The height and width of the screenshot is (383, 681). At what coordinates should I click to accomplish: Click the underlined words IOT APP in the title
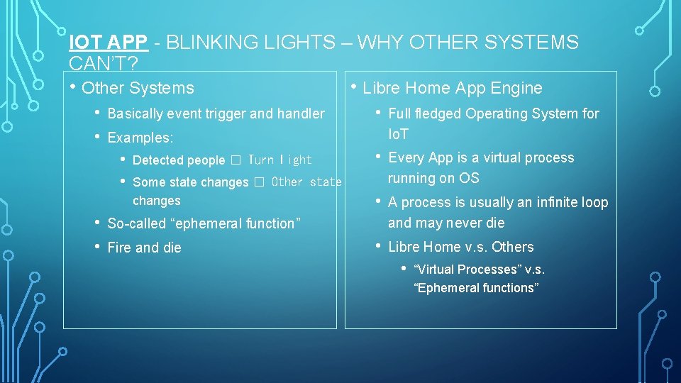[108, 43]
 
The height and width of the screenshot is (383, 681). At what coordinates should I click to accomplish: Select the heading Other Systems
[138, 89]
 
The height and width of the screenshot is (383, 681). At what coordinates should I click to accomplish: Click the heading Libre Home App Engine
[452, 89]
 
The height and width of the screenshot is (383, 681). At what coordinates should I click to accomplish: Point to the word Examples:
[140, 138]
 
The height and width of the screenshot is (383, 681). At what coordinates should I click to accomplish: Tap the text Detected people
[178, 160]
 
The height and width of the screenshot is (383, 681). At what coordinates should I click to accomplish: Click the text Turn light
[279, 160]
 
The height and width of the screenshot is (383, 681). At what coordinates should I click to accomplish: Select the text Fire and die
[144, 248]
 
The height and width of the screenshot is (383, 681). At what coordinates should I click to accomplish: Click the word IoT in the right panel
[398, 134]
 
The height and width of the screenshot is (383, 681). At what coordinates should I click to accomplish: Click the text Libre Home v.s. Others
[460, 247]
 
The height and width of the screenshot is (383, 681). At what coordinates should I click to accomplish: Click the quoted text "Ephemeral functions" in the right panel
[476, 288]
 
